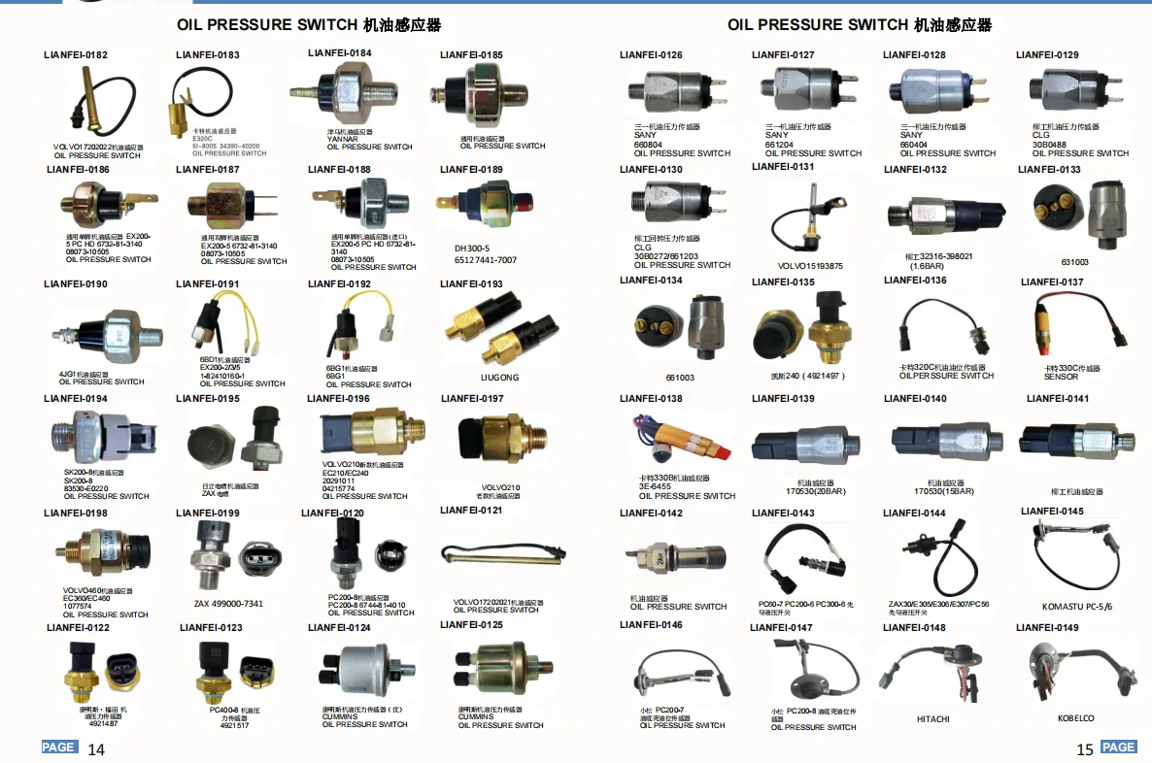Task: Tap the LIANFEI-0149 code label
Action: pyautogui.click(x=1047, y=627)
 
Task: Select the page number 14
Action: pyautogui.click(x=96, y=748)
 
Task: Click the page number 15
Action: pyautogui.click(x=1085, y=748)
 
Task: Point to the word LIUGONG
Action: pyautogui.click(x=499, y=377)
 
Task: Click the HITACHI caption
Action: pyautogui.click(x=932, y=719)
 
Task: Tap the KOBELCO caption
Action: pyautogui.click(x=1075, y=718)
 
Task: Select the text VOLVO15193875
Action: pyautogui.click(x=810, y=266)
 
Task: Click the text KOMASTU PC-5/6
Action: pyautogui.click(x=1076, y=606)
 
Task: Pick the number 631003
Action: pyautogui.click(x=1074, y=261)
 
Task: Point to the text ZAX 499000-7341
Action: pyautogui.click(x=228, y=604)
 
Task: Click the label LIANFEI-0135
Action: pyautogui.click(x=783, y=282)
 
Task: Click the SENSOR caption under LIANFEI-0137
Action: pyautogui.click(x=1061, y=377)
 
